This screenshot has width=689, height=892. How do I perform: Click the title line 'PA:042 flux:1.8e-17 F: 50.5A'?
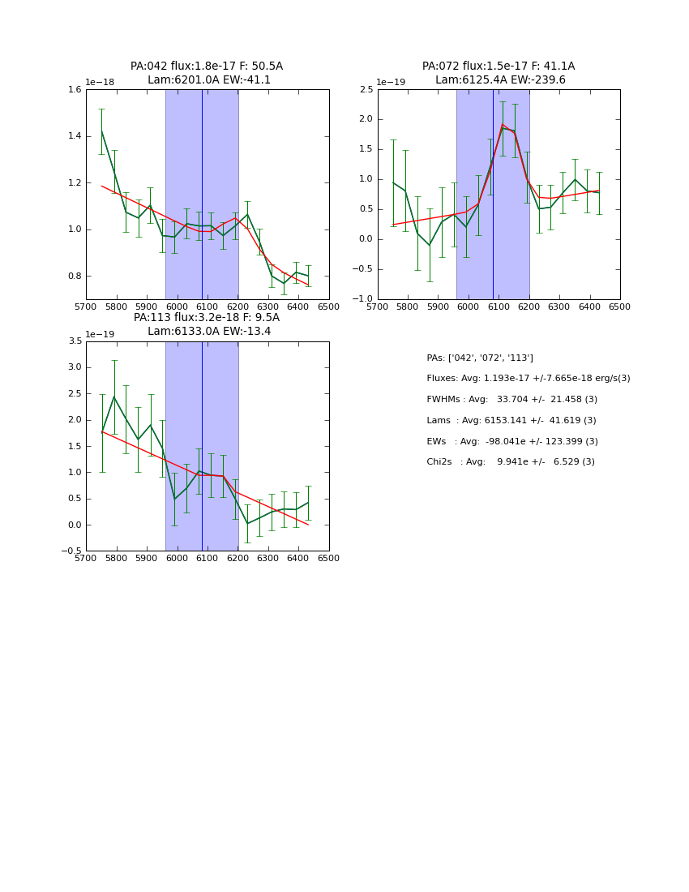pos(207,66)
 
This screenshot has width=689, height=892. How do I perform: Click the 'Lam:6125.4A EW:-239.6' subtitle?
pos(499,80)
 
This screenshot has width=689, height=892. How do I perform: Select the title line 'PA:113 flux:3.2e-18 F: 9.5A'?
pos(207,318)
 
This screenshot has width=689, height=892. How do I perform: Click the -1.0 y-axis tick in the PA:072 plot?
pos(362,299)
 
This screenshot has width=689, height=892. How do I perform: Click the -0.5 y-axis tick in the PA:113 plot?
pos(71,551)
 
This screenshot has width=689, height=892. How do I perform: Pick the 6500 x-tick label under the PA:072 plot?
pos(619,307)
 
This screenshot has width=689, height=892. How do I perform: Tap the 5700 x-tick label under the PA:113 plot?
pos(86,559)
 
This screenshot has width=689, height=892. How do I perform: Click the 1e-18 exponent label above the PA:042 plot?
pos(100,83)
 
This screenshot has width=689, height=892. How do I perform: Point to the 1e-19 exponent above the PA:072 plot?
pos(392,83)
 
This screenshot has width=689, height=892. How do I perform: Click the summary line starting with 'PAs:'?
pos(479,358)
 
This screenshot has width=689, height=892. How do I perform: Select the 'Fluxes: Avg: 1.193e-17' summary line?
pos(528,379)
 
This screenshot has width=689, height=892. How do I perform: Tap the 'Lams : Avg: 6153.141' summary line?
pos(511,421)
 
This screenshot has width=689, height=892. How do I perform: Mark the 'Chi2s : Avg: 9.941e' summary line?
pos(510,462)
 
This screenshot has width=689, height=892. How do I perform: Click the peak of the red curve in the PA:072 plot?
pos(503,125)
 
